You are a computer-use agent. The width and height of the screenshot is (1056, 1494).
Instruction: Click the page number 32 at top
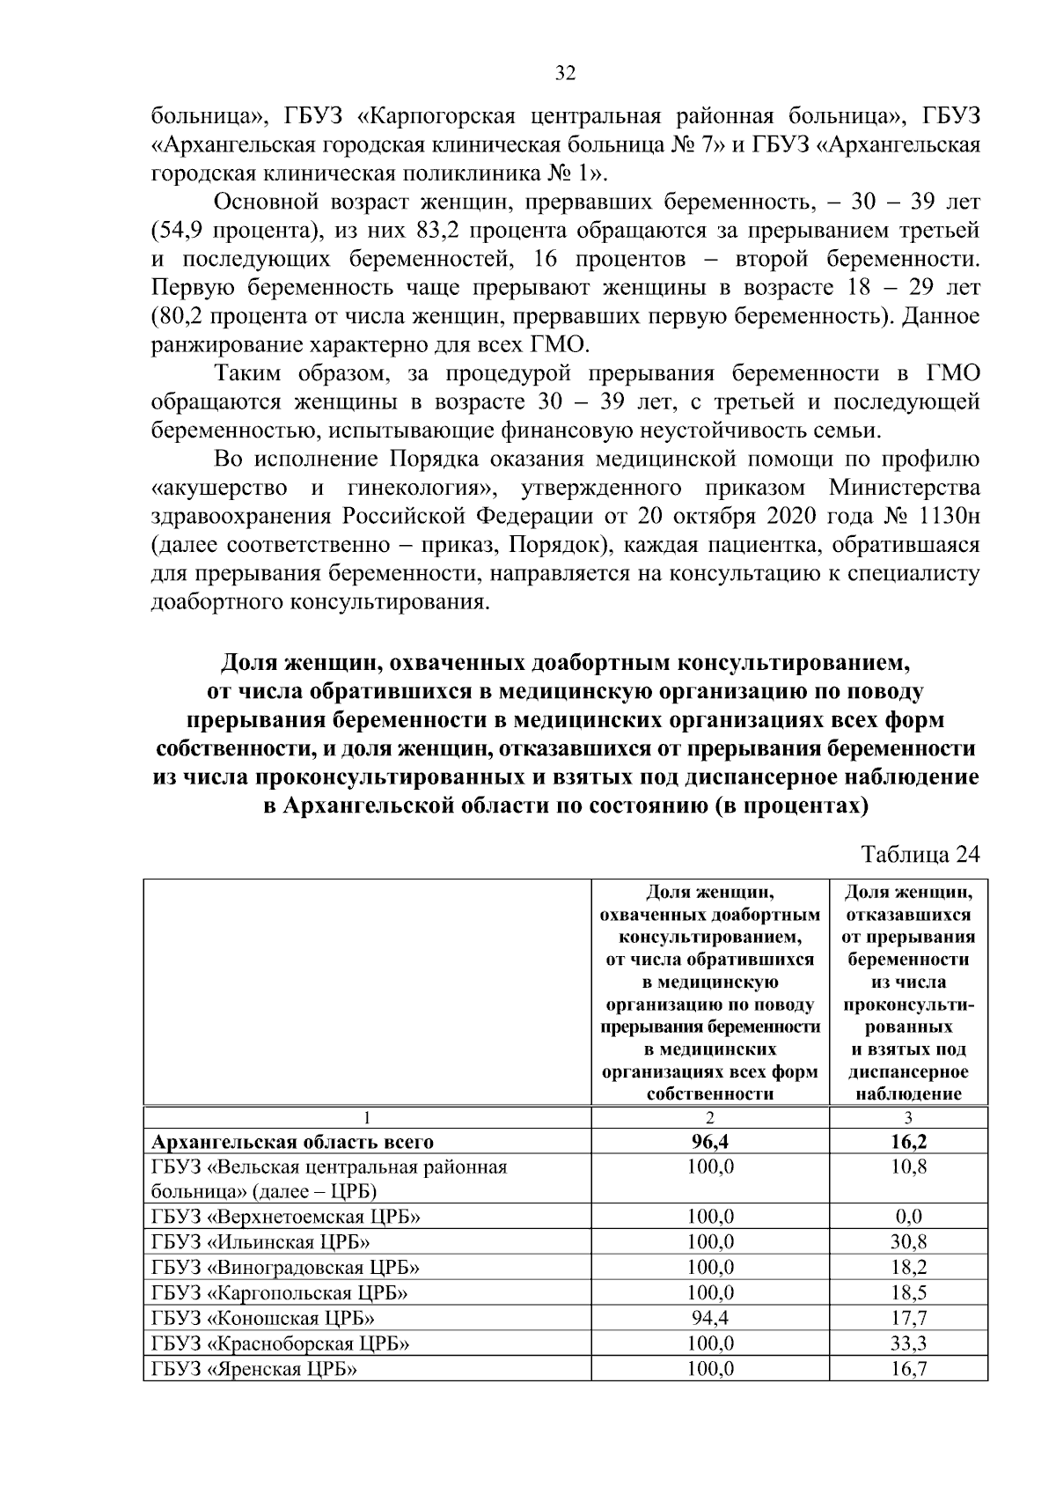tap(565, 74)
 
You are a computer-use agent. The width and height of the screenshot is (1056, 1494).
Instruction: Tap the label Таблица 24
tap(920, 855)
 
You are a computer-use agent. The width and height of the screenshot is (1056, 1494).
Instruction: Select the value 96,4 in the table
tap(709, 1142)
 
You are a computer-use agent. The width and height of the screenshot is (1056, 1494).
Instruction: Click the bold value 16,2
tap(908, 1142)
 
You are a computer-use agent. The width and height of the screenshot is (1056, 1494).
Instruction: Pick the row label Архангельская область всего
tap(292, 1142)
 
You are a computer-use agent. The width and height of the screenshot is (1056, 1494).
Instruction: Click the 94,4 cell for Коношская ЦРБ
tap(709, 1318)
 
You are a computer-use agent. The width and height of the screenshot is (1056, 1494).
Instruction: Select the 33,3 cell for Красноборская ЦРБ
tap(908, 1343)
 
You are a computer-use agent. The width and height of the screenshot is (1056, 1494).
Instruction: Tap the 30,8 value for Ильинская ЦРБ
tap(908, 1242)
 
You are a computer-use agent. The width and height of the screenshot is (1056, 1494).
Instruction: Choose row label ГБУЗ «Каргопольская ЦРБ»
tap(280, 1292)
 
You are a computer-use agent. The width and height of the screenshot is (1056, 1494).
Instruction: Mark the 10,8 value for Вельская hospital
tap(908, 1166)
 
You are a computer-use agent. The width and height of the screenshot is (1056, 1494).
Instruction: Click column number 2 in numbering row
tap(709, 1117)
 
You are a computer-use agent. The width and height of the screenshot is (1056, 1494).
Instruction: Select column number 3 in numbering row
tap(908, 1117)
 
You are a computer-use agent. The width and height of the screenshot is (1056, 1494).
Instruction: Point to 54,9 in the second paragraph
tap(180, 231)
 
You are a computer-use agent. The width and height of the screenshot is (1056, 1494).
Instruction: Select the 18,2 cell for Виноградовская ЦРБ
tap(908, 1267)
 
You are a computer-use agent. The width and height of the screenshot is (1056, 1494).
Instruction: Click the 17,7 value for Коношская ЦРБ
tap(908, 1318)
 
